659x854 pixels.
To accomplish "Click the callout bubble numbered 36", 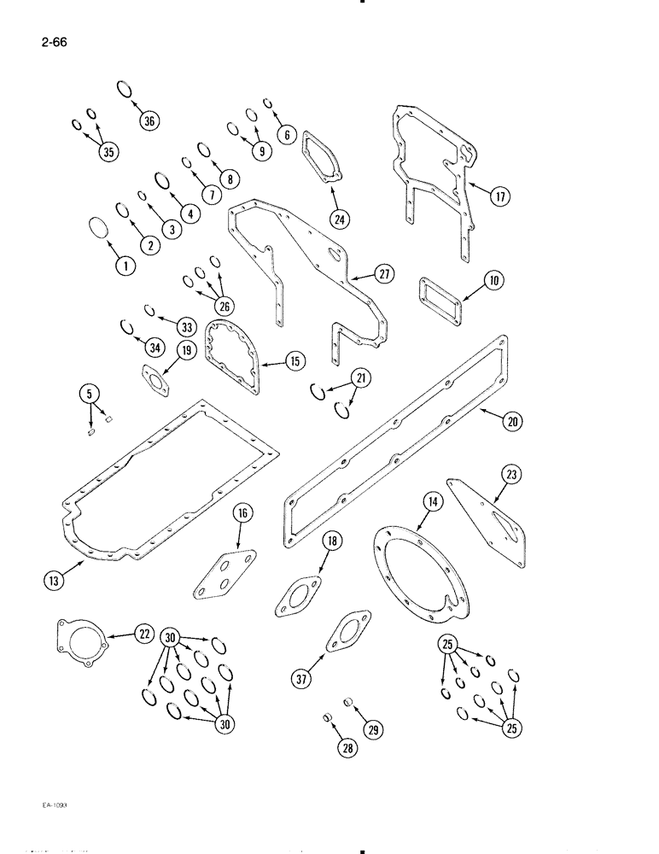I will pos(149,120).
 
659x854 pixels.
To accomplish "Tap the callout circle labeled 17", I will pos(500,196).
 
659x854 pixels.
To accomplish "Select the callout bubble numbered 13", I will pos(54,582).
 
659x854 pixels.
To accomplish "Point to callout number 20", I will pos(513,420).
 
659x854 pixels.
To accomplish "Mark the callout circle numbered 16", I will pos(243,513).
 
